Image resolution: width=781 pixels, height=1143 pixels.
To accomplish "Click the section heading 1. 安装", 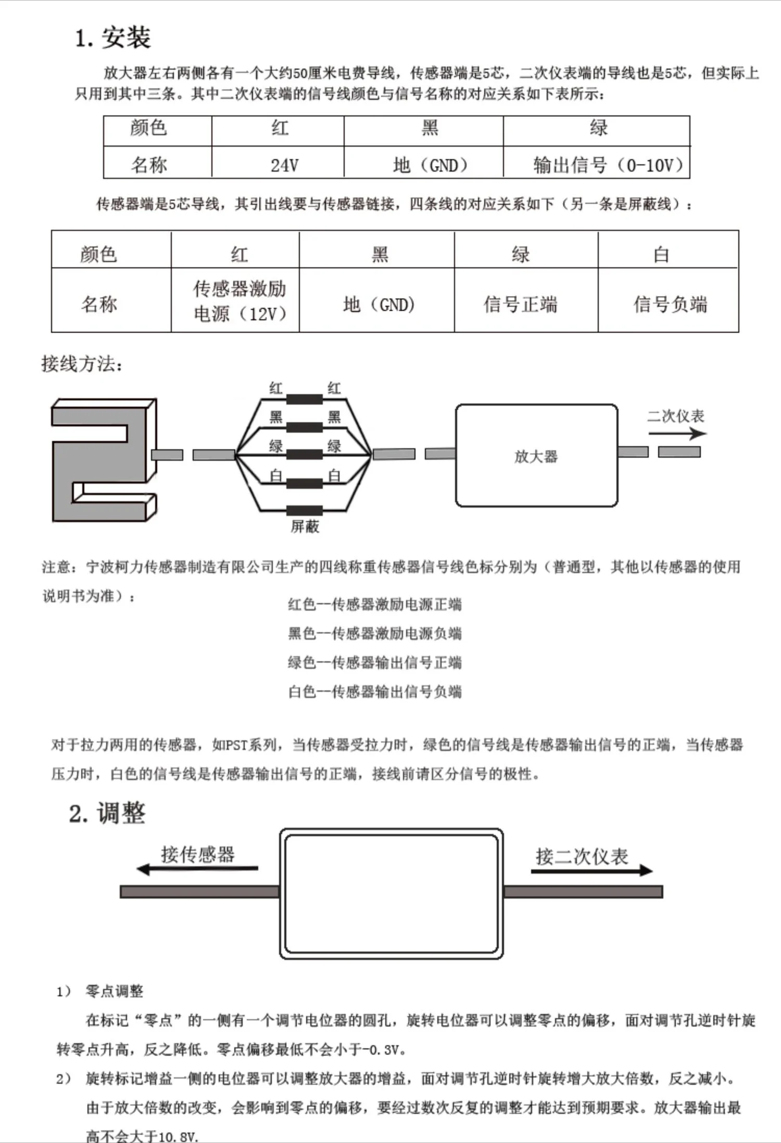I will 113,38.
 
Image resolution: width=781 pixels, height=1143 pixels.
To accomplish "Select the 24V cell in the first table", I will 284,165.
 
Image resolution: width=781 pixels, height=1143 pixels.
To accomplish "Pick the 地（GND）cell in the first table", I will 430,165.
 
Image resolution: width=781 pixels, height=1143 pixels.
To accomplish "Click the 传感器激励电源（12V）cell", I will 240,301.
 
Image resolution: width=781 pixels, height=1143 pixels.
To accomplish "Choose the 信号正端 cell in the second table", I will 520,304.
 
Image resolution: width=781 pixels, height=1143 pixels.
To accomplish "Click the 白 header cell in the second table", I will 661,254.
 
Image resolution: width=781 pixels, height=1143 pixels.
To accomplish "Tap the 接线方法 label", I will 82,364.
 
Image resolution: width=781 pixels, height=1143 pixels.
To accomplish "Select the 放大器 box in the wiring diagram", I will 536,456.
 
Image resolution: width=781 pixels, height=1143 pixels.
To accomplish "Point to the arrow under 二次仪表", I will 677,433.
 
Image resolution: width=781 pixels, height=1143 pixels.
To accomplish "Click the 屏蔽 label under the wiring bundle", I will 305,526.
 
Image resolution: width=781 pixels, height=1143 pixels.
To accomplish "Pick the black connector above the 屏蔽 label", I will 305,510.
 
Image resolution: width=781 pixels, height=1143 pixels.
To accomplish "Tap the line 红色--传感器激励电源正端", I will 374,604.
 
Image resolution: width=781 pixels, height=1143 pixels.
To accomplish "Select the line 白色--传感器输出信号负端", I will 374,691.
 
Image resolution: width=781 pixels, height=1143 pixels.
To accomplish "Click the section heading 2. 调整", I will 107,813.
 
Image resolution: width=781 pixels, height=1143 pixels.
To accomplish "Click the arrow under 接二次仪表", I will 591,870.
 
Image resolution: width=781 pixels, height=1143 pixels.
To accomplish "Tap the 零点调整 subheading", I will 114,991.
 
